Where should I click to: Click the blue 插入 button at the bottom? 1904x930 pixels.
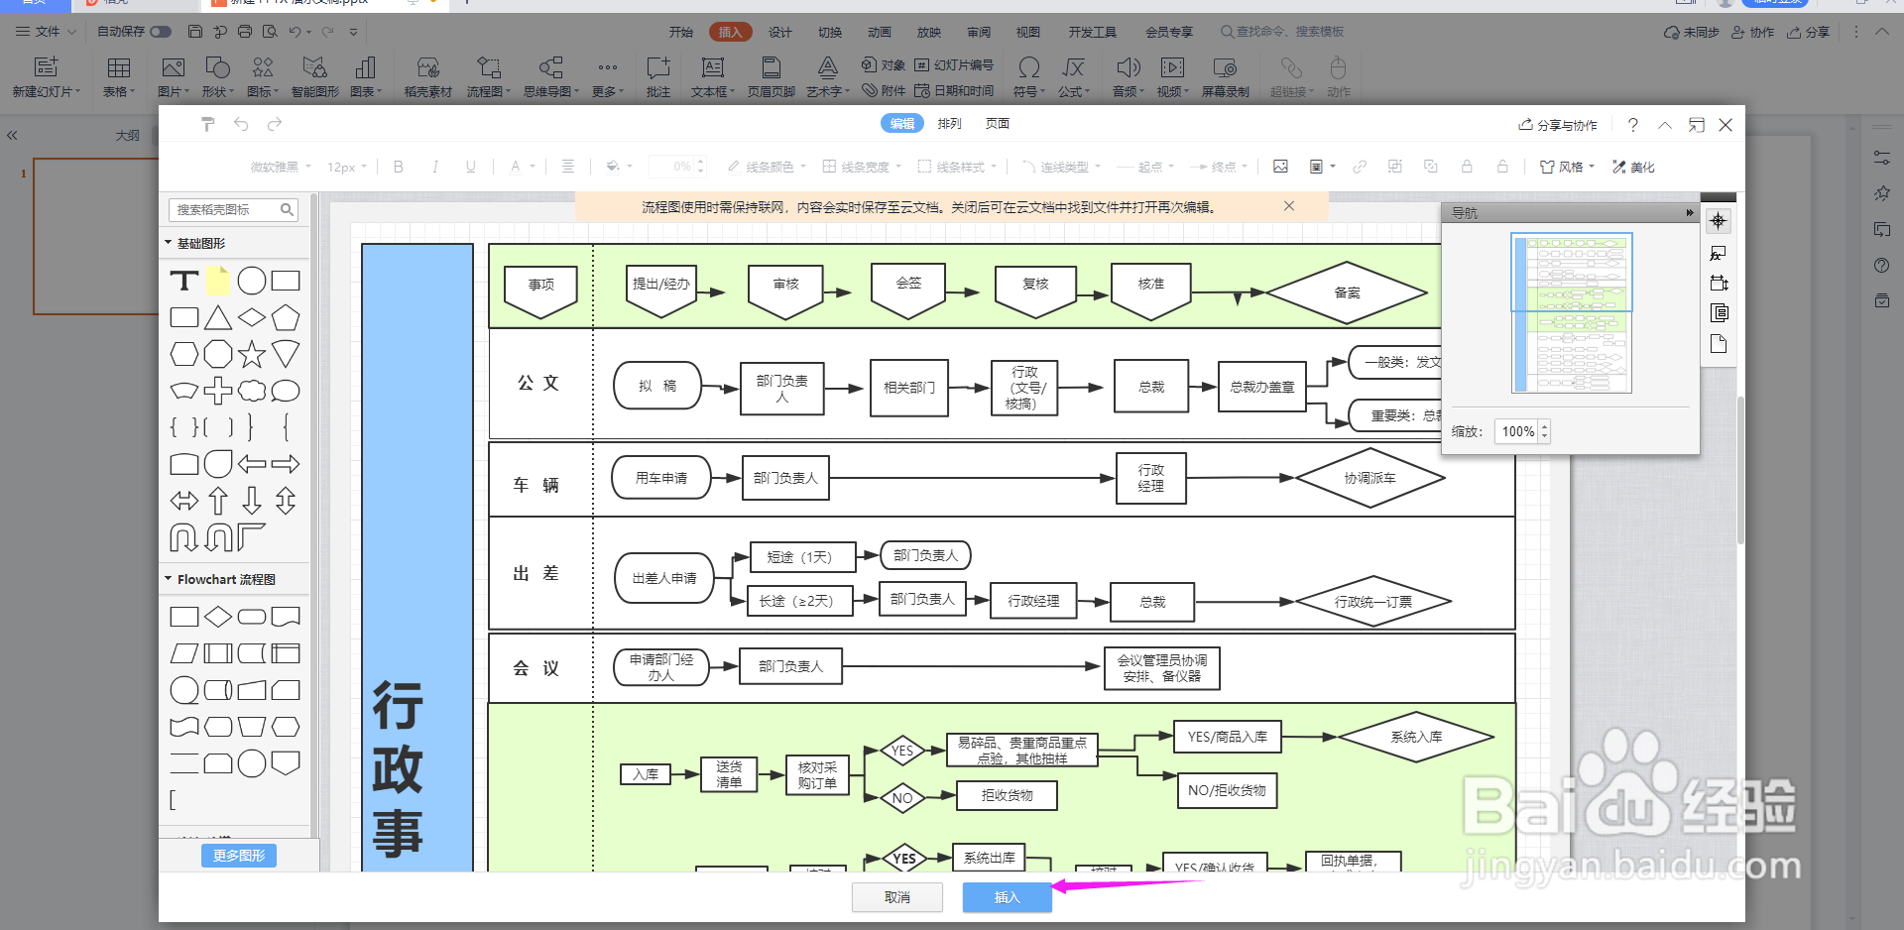(x=1007, y=897)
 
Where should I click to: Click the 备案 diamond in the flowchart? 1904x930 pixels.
(x=1346, y=292)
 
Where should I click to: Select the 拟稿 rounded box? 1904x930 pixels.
(x=656, y=387)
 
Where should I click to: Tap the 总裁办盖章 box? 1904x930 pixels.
(x=1261, y=387)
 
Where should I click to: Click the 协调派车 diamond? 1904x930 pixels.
(x=1369, y=478)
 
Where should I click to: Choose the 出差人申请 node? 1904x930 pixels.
(x=663, y=578)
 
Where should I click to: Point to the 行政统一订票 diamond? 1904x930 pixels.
(x=1372, y=602)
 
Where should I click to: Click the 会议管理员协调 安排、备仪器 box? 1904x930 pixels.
(x=1161, y=668)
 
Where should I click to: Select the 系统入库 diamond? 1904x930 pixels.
(x=1415, y=737)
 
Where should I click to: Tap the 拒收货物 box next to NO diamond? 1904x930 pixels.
(x=1007, y=795)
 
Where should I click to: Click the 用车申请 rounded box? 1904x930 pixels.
(x=660, y=478)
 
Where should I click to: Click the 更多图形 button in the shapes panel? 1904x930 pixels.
(x=239, y=856)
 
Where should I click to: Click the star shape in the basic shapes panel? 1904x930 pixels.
(x=252, y=354)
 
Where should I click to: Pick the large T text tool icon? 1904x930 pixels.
(x=184, y=282)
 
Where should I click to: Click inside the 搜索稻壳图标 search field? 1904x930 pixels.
(x=226, y=210)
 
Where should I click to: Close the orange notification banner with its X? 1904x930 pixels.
(x=1288, y=206)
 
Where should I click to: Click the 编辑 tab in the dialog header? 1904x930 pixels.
(x=901, y=124)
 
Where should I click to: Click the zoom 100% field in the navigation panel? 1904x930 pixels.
(x=1517, y=431)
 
